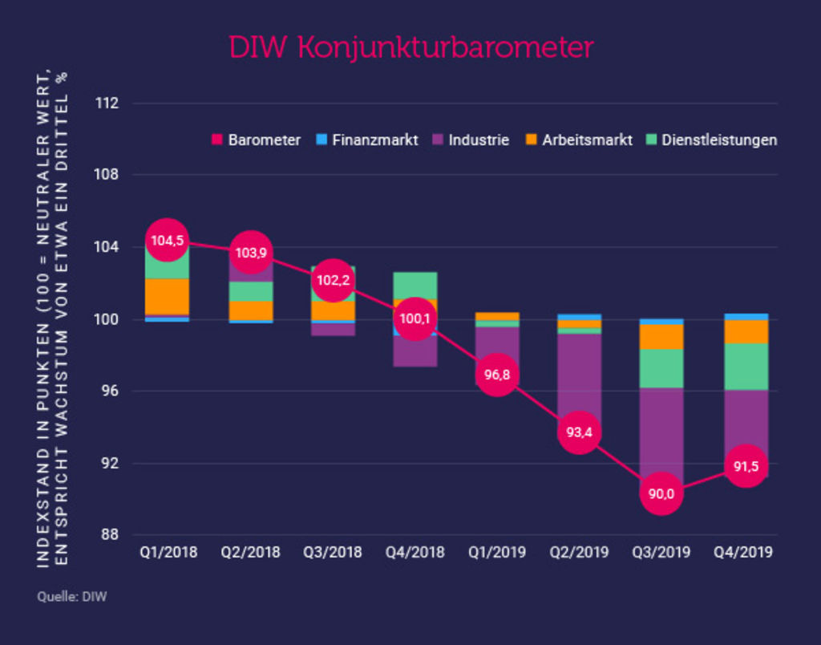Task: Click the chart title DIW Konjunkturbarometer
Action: tap(410, 47)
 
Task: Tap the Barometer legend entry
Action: tap(256, 140)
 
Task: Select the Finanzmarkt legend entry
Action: tap(367, 140)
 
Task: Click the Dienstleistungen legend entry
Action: tap(710, 140)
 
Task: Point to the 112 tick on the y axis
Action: tap(106, 103)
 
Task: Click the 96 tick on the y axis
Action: tap(110, 391)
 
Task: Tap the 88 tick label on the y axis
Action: tap(110, 536)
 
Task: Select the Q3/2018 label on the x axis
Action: tap(333, 553)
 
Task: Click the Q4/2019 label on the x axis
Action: tap(745, 553)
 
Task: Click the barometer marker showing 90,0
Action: tap(661, 493)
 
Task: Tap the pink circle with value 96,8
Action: tap(497, 375)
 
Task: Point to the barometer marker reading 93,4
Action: tap(580, 432)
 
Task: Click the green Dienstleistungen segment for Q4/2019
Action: tap(745, 367)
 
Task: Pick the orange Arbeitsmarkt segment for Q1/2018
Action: tap(167, 296)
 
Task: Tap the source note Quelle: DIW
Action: tap(72, 597)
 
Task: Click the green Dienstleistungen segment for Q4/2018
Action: tap(415, 285)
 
